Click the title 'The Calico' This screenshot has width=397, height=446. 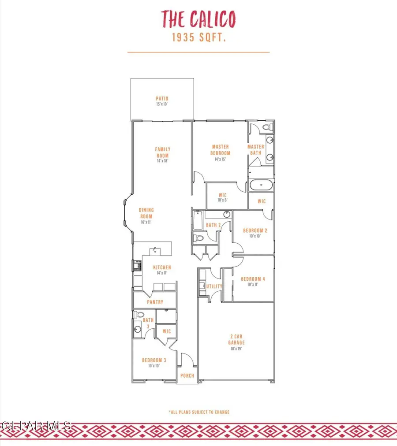pos(198,19)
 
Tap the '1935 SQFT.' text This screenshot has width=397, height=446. pos(198,38)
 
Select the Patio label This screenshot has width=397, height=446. pos(162,101)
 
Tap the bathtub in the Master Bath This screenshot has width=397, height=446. pos(261,185)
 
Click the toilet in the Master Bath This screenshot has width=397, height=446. pos(266,127)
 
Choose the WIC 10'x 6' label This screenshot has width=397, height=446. pos(223,197)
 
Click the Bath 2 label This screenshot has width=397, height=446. pos(213,225)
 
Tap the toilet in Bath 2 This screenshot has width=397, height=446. pos(199,238)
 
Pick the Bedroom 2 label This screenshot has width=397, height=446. pos(255,233)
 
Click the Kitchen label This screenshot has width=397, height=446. pos(162,270)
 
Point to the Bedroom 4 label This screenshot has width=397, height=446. pos(252,281)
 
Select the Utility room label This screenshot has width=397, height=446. pos(214,286)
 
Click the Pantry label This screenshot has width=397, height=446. pos(155,302)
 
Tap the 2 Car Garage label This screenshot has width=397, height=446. pos(236,342)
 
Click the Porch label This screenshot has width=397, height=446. pos(186,376)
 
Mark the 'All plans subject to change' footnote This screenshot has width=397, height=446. pos(199,412)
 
